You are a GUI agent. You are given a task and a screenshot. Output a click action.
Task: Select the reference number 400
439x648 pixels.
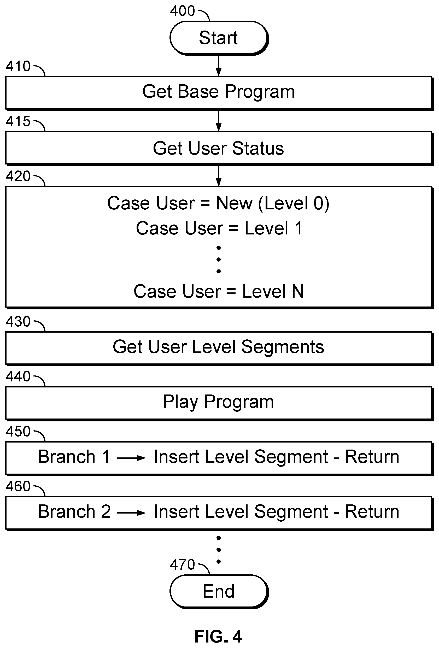[182, 11]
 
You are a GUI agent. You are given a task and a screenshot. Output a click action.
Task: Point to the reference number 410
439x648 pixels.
[18, 66]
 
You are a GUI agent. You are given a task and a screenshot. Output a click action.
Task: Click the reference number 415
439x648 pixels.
[18, 121]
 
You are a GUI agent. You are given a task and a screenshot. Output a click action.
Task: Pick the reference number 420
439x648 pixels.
[18, 176]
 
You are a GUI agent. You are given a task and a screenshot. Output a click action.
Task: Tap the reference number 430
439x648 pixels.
[18, 321]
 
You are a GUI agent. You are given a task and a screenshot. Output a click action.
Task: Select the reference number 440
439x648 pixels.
[18, 376]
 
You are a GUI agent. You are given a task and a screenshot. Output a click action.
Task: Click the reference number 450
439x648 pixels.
[18, 431]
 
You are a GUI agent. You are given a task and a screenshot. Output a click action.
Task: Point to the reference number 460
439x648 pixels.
[18, 486]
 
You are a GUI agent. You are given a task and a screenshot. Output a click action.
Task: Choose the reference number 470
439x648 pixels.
[182, 565]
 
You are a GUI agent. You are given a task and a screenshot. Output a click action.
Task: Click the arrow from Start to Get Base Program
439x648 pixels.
[219, 66]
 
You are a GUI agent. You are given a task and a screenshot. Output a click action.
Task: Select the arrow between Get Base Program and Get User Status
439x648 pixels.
[219, 121]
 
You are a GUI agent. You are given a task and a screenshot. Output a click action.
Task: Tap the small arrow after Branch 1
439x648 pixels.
[131, 458]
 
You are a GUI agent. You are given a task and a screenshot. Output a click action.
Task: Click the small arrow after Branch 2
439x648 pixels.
[131, 513]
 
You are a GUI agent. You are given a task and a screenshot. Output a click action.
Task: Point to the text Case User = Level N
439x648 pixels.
[219, 291]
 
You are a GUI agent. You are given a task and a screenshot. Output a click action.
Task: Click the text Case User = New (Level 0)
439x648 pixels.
[218, 203]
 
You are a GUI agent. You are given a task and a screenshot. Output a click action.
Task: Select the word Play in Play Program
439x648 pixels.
[180, 402]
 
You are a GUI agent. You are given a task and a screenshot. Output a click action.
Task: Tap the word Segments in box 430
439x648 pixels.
[283, 347]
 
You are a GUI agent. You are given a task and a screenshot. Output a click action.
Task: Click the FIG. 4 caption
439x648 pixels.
[218, 637]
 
